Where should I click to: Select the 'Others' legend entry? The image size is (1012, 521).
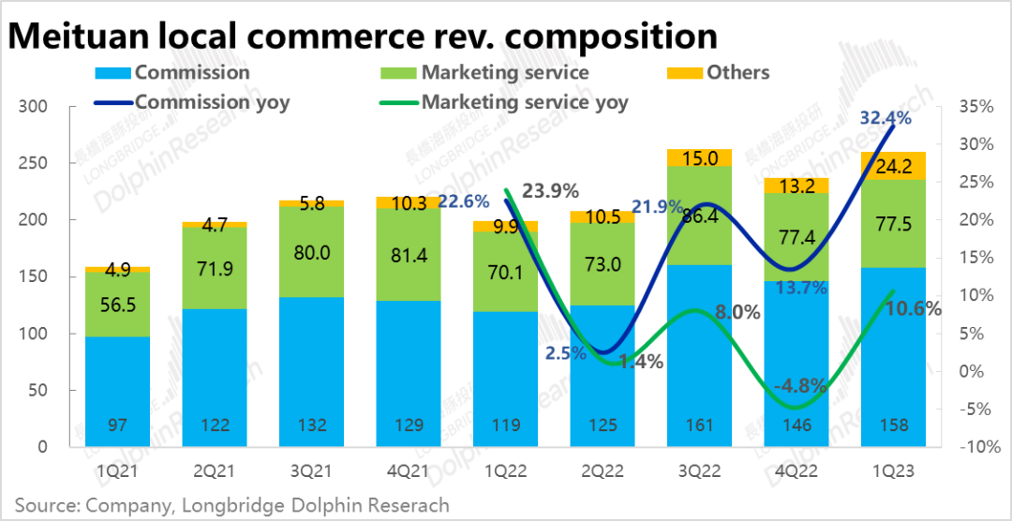(737, 72)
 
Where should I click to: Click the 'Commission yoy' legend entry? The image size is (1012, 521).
(212, 102)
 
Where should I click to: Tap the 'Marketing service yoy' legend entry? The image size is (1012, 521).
(524, 102)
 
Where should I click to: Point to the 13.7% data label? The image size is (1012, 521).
(799, 288)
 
